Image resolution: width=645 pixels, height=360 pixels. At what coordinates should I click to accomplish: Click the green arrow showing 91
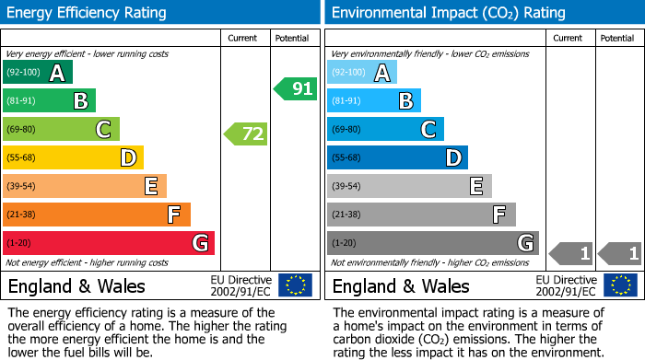(x=295, y=89)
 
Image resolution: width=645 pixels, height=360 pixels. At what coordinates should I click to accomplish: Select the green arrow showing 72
(x=246, y=134)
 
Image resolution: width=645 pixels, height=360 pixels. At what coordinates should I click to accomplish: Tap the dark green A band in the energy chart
(x=38, y=73)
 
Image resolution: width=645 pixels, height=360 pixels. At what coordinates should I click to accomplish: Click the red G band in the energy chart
(x=109, y=243)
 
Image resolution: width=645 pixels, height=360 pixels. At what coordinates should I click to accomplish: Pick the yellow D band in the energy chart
(x=73, y=157)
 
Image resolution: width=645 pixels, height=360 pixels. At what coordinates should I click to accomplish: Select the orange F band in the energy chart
(x=97, y=215)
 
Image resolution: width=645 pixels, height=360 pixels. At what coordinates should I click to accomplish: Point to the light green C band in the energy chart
(x=61, y=129)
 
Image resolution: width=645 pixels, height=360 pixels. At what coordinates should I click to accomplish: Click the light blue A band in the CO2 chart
(x=362, y=73)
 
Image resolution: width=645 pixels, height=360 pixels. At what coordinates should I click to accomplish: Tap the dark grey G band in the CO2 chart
(x=432, y=243)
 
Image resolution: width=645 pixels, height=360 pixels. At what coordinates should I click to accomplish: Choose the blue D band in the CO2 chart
(x=397, y=157)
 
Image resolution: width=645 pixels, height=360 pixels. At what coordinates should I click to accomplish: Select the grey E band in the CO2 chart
(x=409, y=186)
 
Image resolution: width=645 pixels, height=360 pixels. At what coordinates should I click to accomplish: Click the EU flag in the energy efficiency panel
(x=295, y=285)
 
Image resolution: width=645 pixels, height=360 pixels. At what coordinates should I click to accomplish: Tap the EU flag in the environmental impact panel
(x=621, y=285)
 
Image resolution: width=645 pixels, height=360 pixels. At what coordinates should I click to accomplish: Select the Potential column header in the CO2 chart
(x=617, y=38)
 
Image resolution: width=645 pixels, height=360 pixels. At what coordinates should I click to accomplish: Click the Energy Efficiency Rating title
(x=88, y=13)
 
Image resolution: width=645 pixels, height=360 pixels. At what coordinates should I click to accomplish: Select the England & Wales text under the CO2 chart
(x=400, y=285)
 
